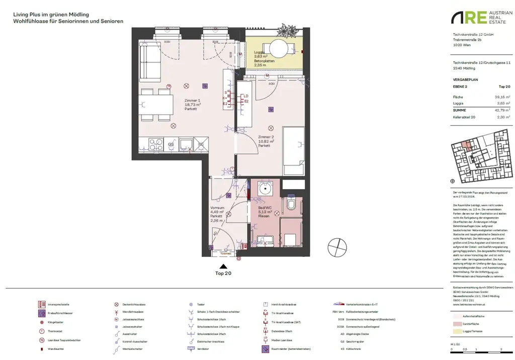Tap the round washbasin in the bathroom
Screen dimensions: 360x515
click(265, 190)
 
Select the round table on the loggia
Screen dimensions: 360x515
click(279, 49)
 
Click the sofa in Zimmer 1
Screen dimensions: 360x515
click(149, 62)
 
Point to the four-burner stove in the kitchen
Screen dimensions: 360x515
click(155, 144)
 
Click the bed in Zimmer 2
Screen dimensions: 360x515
click(293, 150)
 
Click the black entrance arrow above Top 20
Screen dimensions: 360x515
click(223, 267)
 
